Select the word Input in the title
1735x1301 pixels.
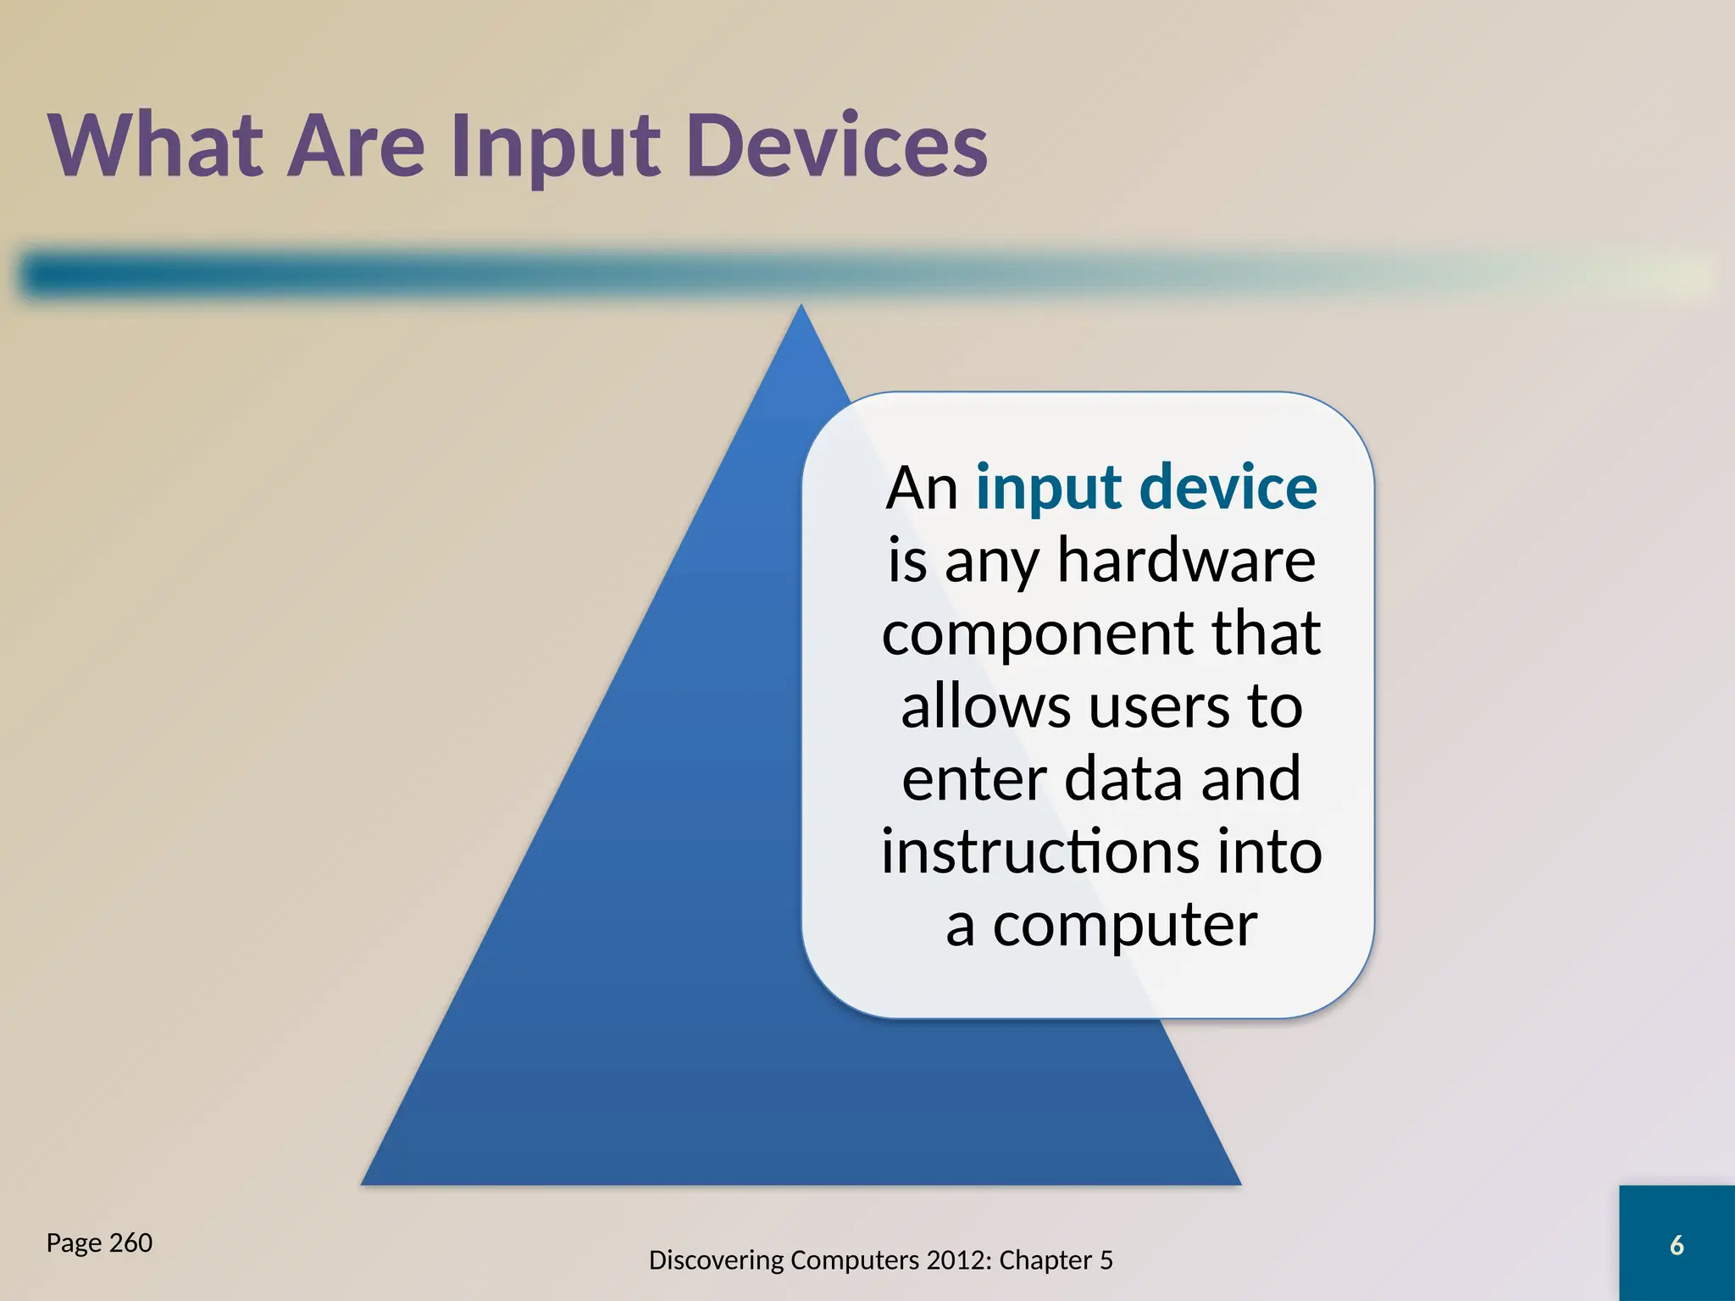point(555,148)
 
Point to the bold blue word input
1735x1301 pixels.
point(1049,490)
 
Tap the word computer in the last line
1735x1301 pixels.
point(1125,927)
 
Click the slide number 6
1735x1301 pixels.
point(1676,1245)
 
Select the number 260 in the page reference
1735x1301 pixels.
point(131,1243)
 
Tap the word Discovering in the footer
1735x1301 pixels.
point(716,1260)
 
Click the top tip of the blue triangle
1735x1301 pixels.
point(801,308)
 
